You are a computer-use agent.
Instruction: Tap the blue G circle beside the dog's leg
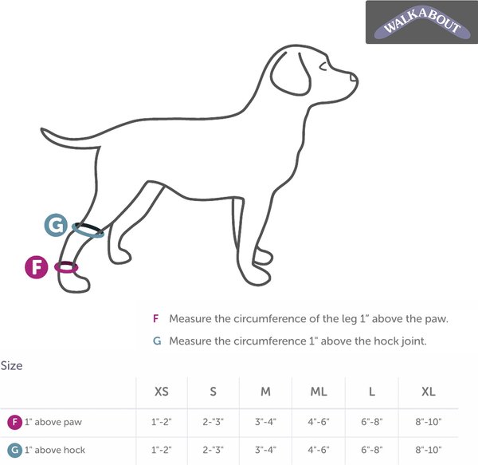click(55, 226)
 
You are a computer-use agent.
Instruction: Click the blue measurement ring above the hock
click(88, 230)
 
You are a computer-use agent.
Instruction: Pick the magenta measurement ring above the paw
click(65, 268)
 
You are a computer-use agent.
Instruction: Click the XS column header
click(161, 392)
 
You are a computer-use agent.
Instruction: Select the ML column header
click(319, 392)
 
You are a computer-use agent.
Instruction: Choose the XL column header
click(428, 392)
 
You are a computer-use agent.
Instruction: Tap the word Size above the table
click(11, 366)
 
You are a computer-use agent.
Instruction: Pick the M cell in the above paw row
click(265, 421)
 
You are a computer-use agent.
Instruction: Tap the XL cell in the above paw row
click(428, 421)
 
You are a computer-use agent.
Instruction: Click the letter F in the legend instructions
click(156, 318)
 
